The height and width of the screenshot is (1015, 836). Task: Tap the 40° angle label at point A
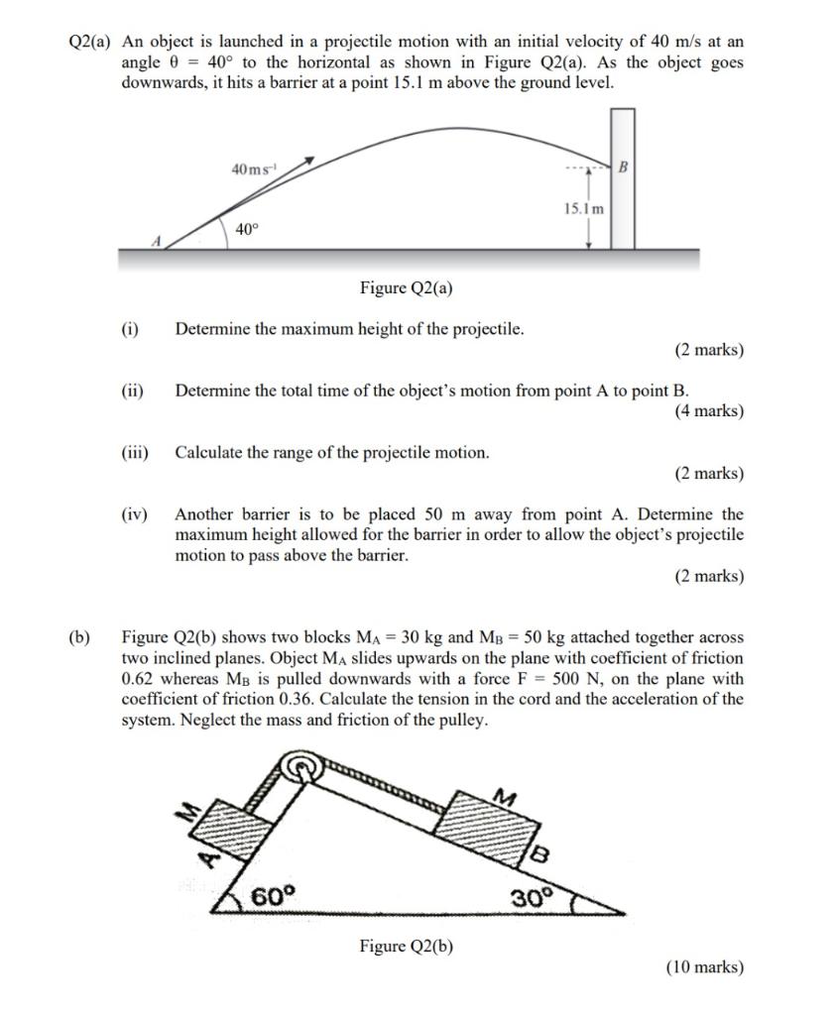pyautogui.click(x=247, y=229)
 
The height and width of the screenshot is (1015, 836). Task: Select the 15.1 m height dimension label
pyautogui.click(x=583, y=209)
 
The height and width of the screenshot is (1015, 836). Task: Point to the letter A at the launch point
pyautogui.click(x=155, y=241)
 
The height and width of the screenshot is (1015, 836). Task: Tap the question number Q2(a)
pyautogui.click(x=90, y=42)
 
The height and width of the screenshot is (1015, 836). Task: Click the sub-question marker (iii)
pyautogui.click(x=134, y=452)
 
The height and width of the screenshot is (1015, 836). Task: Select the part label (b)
pyautogui.click(x=79, y=637)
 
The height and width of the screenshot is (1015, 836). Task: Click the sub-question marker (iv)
pyautogui.click(x=134, y=513)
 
